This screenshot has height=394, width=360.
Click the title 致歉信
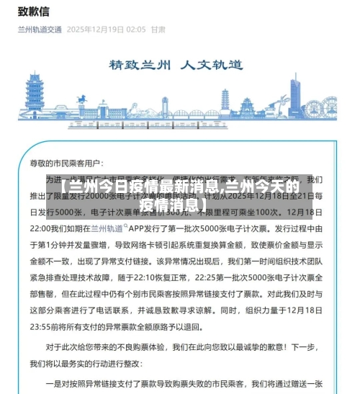coord(33,11)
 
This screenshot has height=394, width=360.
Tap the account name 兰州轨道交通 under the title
coord(39,30)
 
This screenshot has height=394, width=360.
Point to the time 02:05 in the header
coord(135,30)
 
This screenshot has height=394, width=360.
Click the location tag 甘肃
coord(158,30)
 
